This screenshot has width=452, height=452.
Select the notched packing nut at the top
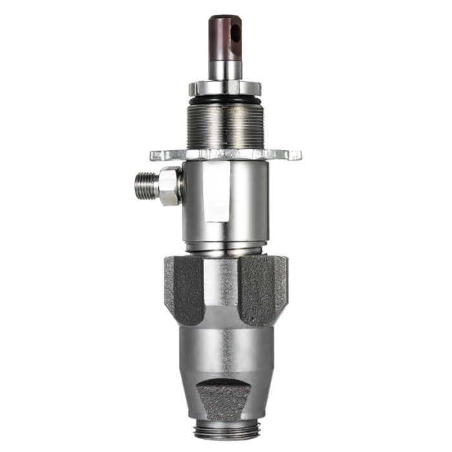coord(225,87)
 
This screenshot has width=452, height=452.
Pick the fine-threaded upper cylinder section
coord(225,126)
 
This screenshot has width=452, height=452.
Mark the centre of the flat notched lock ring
coord(225,155)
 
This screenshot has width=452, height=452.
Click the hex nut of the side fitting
coord(169,186)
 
